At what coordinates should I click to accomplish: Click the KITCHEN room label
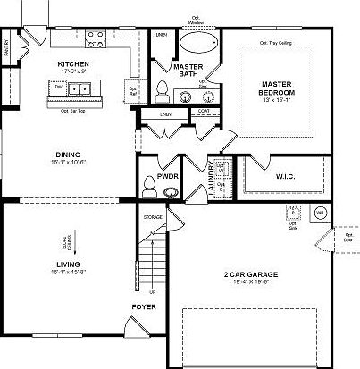[x=73, y=64]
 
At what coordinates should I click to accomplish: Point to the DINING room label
[x=74, y=155]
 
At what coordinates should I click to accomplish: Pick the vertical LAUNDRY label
[x=212, y=179]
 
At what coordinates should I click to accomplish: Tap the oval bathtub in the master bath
[x=197, y=43]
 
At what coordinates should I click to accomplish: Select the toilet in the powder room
[x=148, y=185]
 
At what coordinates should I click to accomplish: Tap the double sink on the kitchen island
[x=82, y=89]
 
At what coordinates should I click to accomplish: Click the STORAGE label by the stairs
[x=153, y=217]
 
